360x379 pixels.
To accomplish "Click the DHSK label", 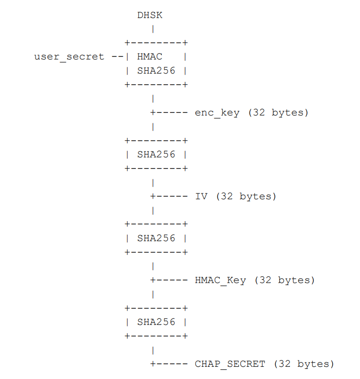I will click(x=150, y=15).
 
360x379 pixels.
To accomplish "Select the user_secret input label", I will click(x=69, y=57).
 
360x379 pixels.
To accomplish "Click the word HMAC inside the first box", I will click(x=150, y=57).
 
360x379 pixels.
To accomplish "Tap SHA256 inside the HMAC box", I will click(x=156, y=71).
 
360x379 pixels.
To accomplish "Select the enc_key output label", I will click(x=217, y=113).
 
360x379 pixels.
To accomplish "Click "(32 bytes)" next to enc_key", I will click(x=278, y=113).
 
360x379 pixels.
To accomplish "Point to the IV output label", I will click(x=201, y=197).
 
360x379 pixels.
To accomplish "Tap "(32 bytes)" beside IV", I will click(x=246, y=197).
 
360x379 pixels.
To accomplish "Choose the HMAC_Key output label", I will click(x=220, y=281).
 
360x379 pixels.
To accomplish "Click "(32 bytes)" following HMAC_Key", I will click(x=284, y=281).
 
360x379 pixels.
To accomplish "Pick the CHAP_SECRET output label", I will click(x=230, y=364).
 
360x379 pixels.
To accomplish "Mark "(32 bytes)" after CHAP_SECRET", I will click(x=304, y=364).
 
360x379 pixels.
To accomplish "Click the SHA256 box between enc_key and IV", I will click(x=156, y=155).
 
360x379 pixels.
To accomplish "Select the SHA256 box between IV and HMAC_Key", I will click(x=156, y=239).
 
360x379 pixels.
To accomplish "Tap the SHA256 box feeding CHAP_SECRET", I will click(x=156, y=322).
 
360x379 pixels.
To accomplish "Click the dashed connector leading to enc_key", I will click(x=171, y=113).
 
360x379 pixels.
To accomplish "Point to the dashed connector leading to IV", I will click(x=171, y=197).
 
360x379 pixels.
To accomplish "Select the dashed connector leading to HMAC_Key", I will click(x=171, y=281).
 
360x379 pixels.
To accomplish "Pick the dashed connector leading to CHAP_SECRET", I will click(x=171, y=364).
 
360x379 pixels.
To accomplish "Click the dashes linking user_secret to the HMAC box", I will click(x=117, y=57).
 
